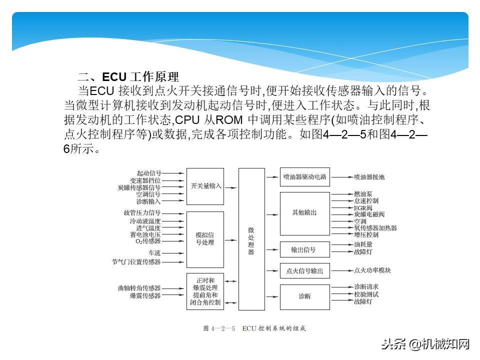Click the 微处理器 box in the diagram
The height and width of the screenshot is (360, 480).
[251, 239]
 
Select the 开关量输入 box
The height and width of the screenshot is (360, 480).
[205, 185]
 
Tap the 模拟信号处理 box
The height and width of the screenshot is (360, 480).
[205, 239]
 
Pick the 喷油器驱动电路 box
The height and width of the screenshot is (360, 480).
[304, 176]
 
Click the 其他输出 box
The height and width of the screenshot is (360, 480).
[304, 213]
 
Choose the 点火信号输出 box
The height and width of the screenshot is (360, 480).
[304, 271]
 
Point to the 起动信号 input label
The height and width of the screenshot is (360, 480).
[148, 172]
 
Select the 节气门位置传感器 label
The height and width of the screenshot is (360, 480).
[136, 261]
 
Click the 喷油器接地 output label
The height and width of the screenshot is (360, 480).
[369, 177]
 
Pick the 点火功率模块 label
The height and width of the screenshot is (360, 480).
[372, 270]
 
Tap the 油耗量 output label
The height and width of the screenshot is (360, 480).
[363, 244]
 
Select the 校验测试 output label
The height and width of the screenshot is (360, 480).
[366, 294]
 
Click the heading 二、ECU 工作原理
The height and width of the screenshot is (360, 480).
[128, 77]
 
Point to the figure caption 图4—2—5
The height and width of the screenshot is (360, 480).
[253, 328]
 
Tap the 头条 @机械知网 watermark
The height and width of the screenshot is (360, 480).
[425, 343]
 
